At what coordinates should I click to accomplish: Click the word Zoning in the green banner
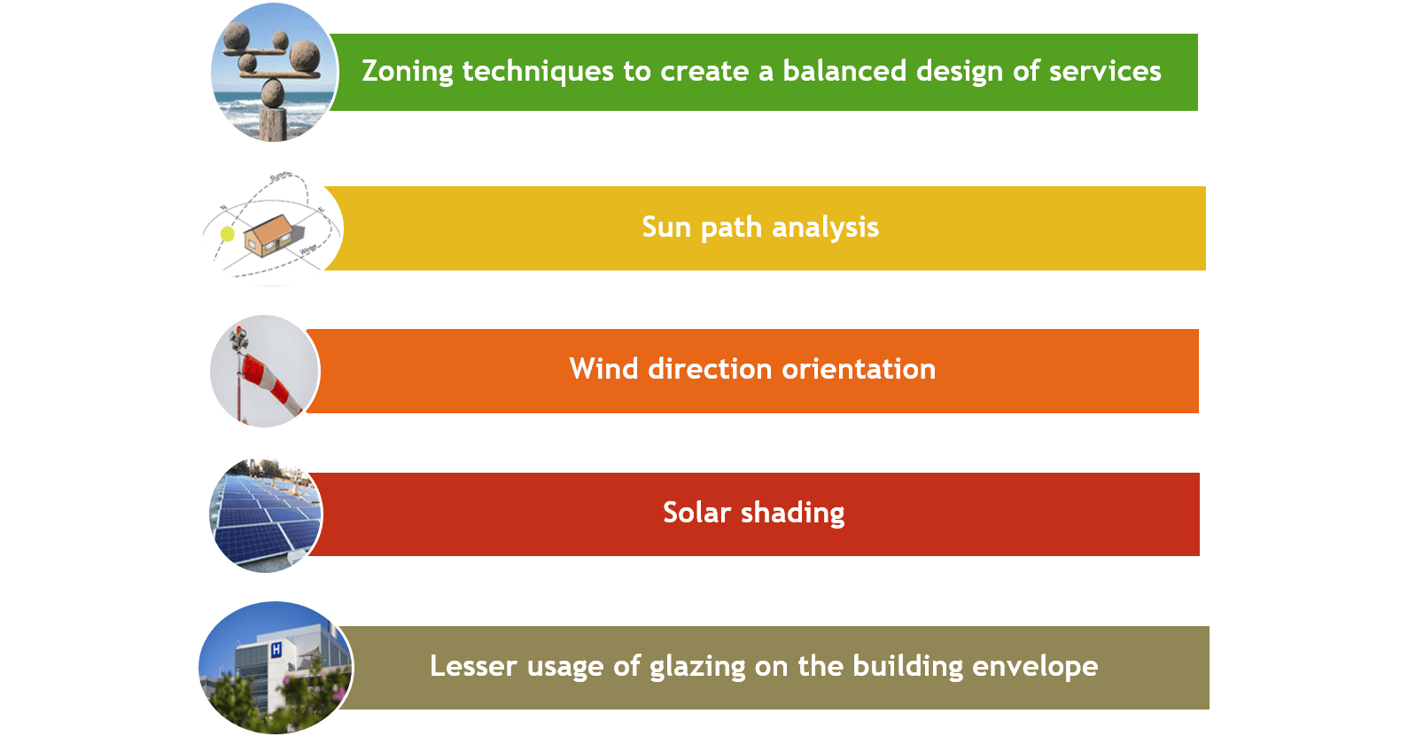tap(408, 72)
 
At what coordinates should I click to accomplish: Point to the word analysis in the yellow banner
tap(825, 228)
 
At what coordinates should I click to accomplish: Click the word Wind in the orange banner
tap(603, 368)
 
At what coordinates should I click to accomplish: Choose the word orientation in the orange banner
tap(858, 368)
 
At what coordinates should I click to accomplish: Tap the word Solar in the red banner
tap(696, 512)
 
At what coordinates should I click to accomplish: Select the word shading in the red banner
tap(793, 513)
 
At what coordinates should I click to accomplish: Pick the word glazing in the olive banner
tap(696, 667)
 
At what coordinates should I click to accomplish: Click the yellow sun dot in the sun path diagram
tap(227, 234)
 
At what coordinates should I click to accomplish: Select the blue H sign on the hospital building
tap(276, 649)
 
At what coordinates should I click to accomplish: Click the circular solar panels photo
tap(266, 515)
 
